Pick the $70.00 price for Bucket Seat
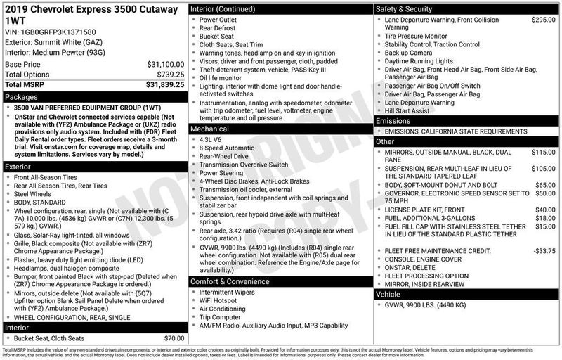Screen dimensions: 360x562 click(x=174, y=337)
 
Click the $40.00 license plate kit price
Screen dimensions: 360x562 click(x=544, y=210)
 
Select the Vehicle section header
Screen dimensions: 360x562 click(x=391, y=294)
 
